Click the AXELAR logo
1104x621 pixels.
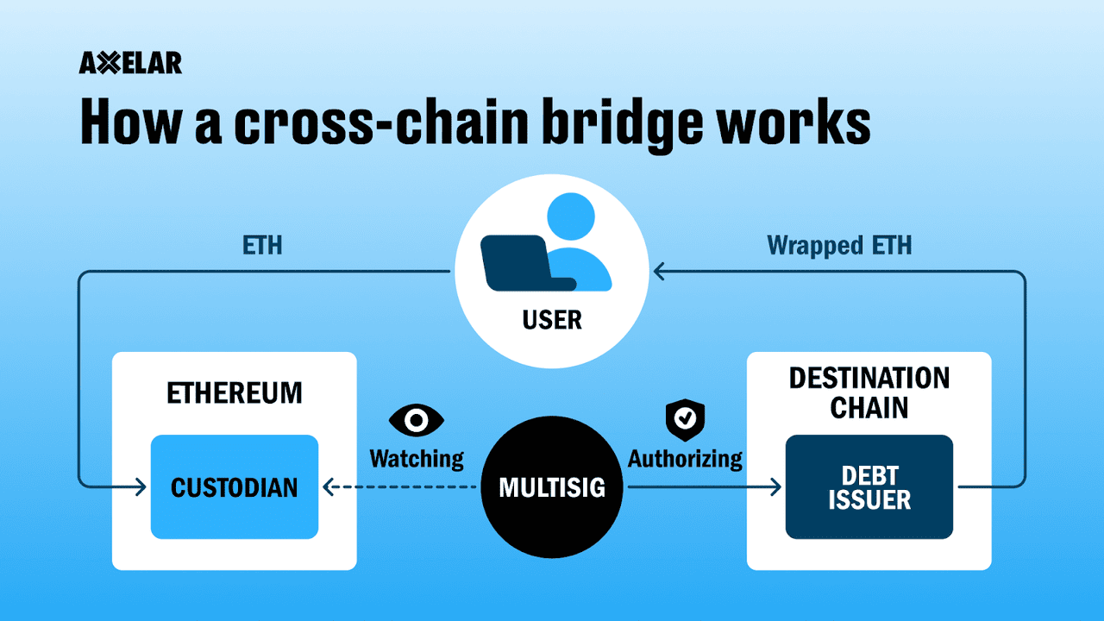coord(130,63)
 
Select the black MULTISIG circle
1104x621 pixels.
coord(552,488)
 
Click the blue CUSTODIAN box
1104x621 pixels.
coord(234,487)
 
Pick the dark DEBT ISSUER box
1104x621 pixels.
coord(869,487)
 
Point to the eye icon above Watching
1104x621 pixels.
coord(417,420)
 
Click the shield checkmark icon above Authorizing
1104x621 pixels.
coord(685,419)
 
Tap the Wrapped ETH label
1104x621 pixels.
coord(839,246)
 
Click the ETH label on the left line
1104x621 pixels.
coord(262,246)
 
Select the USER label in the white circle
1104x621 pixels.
coord(552,321)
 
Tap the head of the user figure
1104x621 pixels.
coord(571,216)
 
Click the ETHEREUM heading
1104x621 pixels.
coord(234,393)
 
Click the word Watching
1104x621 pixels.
coord(417,458)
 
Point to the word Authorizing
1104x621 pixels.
coord(685,458)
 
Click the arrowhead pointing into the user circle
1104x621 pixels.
coord(658,273)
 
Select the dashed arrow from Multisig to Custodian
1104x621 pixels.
coord(401,488)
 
